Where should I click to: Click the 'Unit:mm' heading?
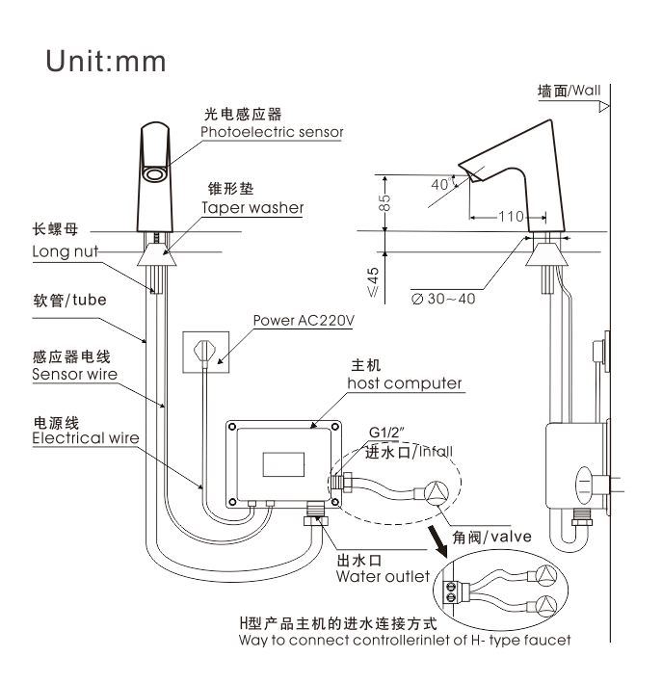pyautogui.click(x=106, y=61)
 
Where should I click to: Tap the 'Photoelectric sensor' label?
pyautogui.click(x=272, y=132)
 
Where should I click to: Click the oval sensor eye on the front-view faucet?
pyautogui.click(x=154, y=174)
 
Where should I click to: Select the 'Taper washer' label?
pyautogui.click(x=252, y=208)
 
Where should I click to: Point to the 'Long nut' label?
pyautogui.click(x=66, y=251)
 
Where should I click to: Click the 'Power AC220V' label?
pyautogui.click(x=304, y=321)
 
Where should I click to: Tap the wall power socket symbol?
pyautogui.click(x=205, y=352)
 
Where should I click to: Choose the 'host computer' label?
pyautogui.click(x=405, y=383)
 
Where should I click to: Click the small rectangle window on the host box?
pyautogui.click(x=283, y=464)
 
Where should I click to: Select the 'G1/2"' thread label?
pyautogui.click(x=386, y=433)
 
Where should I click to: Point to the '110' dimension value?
pyautogui.click(x=511, y=217)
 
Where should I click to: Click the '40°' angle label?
pyautogui.click(x=440, y=184)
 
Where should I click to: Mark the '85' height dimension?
pyautogui.click(x=384, y=203)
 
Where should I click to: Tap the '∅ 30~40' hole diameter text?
pyautogui.click(x=443, y=299)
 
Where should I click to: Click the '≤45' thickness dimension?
pyautogui.click(x=373, y=282)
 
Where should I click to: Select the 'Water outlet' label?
pyautogui.click(x=384, y=576)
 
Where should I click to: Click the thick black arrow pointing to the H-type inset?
pyautogui.click(x=437, y=541)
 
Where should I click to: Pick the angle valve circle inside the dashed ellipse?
pyautogui.click(x=437, y=493)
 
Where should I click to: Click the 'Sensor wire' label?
pyautogui.click(x=75, y=374)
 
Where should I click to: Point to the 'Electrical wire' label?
pyautogui.click(x=86, y=437)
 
